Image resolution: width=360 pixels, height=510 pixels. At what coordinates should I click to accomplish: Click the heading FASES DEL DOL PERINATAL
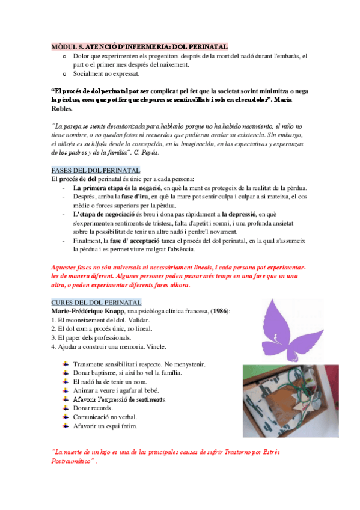coord(96,170)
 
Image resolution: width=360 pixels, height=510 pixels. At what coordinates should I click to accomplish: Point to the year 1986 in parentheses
coord(218,310)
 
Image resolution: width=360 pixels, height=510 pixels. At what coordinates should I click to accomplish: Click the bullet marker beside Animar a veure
coord(65,390)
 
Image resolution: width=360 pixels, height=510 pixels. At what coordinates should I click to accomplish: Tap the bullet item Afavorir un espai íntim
coord(105,426)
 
